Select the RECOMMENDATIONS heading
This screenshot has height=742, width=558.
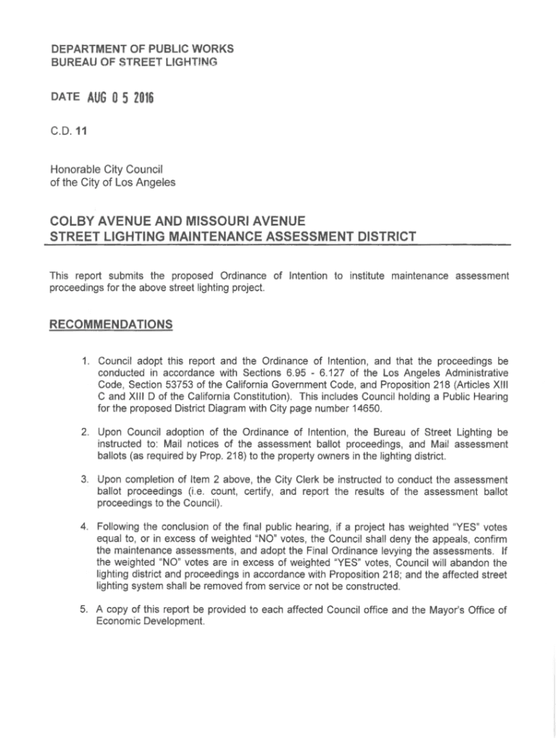tap(110, 324)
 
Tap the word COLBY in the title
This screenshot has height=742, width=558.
tap(75, 220)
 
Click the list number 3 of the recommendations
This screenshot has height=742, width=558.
tap(84, 479)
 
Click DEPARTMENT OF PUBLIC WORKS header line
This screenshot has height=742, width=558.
tap(132, 49)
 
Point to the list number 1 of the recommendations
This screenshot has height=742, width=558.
tap(84, 359)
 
